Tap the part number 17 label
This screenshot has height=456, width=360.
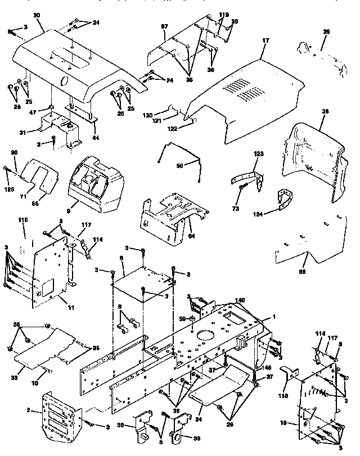[266, 40]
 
